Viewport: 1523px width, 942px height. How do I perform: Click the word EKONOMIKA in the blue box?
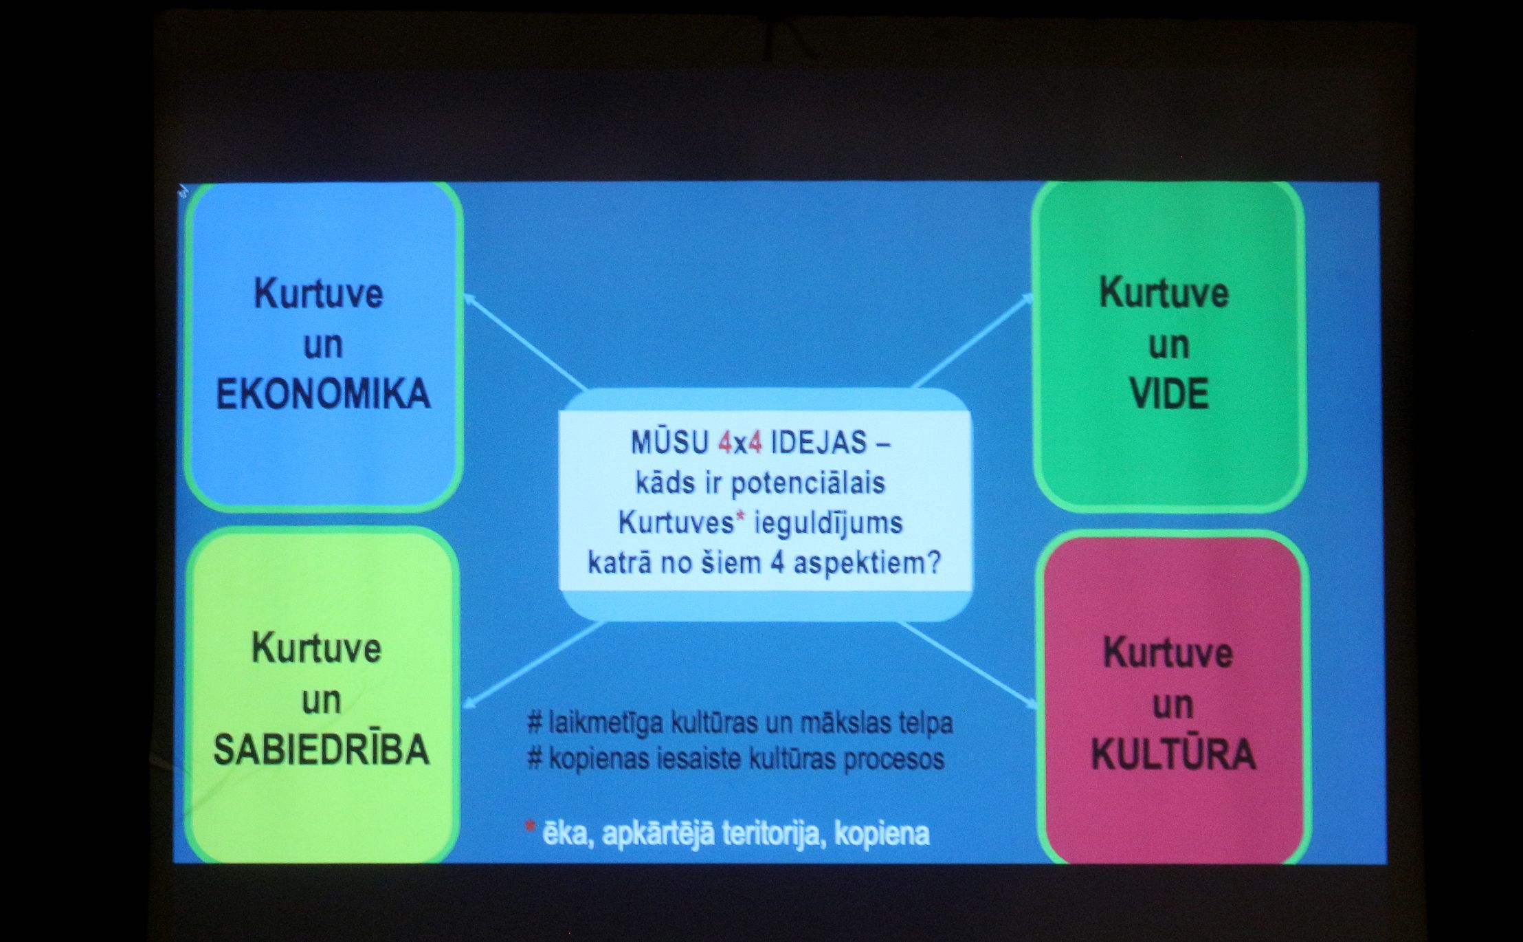[x=323, y=395]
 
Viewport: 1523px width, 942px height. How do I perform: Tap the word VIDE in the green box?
[x=1169, y=394]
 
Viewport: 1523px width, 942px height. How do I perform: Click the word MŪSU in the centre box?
[x=669, y=443]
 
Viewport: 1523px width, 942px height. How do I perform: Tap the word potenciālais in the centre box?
[x=808, y=484]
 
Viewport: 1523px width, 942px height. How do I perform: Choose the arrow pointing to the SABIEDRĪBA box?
[x=535, y=665]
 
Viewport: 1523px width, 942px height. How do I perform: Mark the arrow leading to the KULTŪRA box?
[x=966, y=664]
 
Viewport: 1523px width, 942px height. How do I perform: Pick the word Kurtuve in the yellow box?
[x=317, y=648]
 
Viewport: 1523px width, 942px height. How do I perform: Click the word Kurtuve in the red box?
[x=1168, y=653]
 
